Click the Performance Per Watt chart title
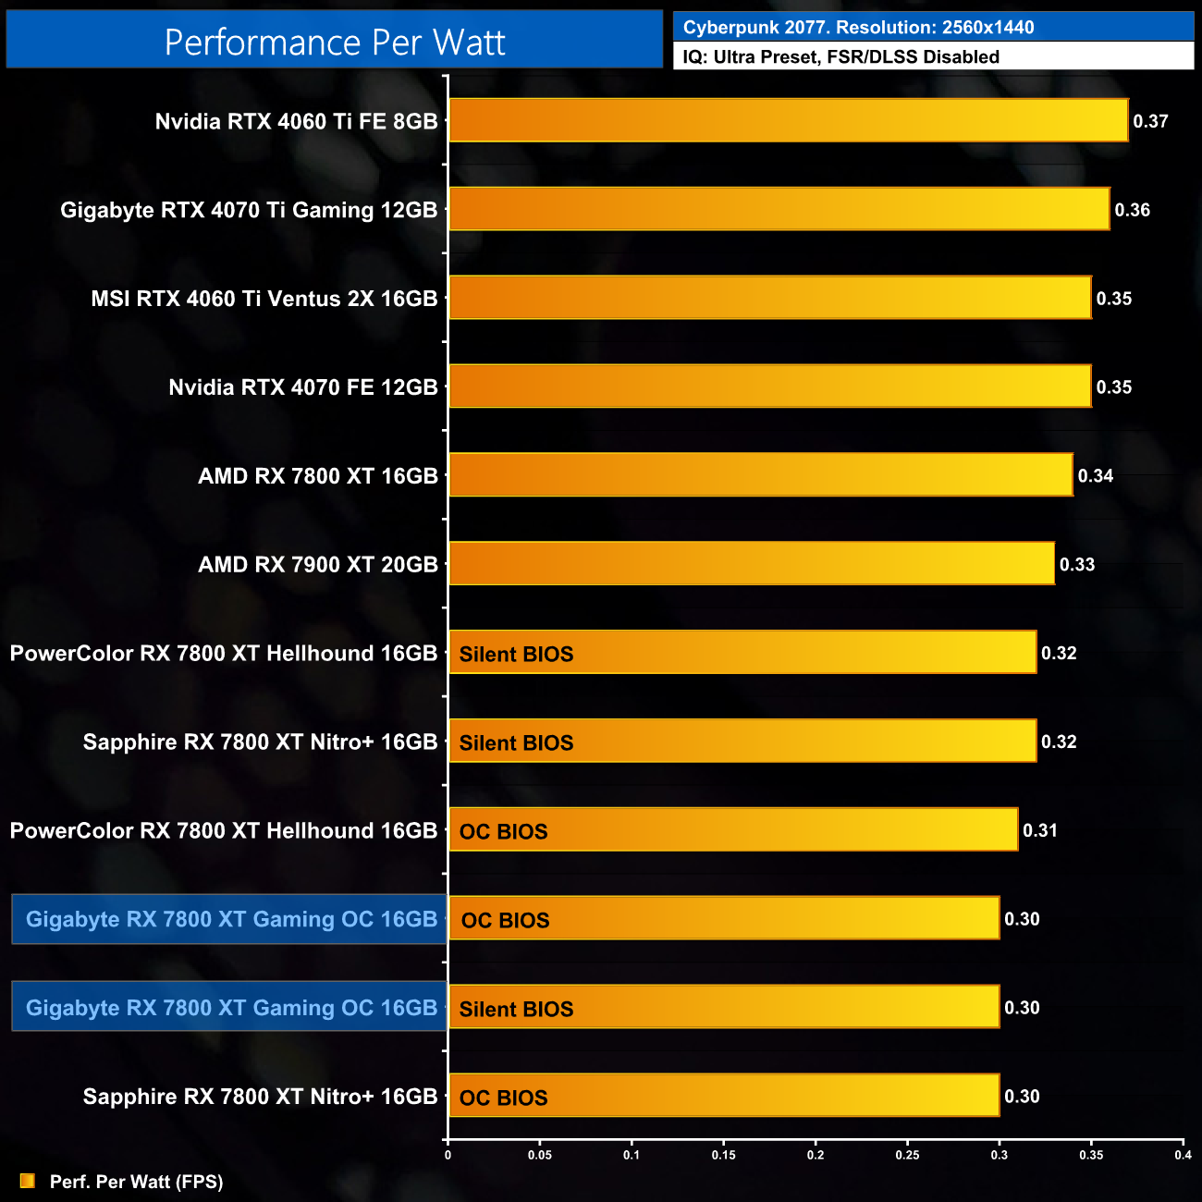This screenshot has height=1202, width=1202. [335, 43]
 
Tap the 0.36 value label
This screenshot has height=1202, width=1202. [1132, 210]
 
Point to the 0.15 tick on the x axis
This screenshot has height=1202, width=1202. [723, 1155]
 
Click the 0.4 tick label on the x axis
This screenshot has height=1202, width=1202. [1183, 1155]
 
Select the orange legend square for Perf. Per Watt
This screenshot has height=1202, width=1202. [28, 1181]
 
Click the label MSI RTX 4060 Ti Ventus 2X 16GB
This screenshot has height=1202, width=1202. [264, 299]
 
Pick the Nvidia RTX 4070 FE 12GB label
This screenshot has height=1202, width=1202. [302, 387]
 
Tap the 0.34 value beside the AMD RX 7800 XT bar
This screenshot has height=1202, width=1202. [1095, 476]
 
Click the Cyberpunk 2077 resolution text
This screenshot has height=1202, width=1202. [858, 28]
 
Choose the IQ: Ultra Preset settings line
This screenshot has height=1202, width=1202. [840, 57]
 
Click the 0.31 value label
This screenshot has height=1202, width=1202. [1039, 830]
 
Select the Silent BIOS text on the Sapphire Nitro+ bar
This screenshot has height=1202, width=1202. [516, 743]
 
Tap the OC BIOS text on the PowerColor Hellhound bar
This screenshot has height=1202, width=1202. [503, 832]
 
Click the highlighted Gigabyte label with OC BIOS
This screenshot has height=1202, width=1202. [230, 919]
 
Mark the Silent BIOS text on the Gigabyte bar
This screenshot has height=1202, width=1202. [516, 1010]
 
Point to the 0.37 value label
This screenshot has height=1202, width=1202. [1150, 121]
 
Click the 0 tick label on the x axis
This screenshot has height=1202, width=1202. [448, 1155]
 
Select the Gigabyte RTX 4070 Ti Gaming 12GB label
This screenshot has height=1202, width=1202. [249, 210]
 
